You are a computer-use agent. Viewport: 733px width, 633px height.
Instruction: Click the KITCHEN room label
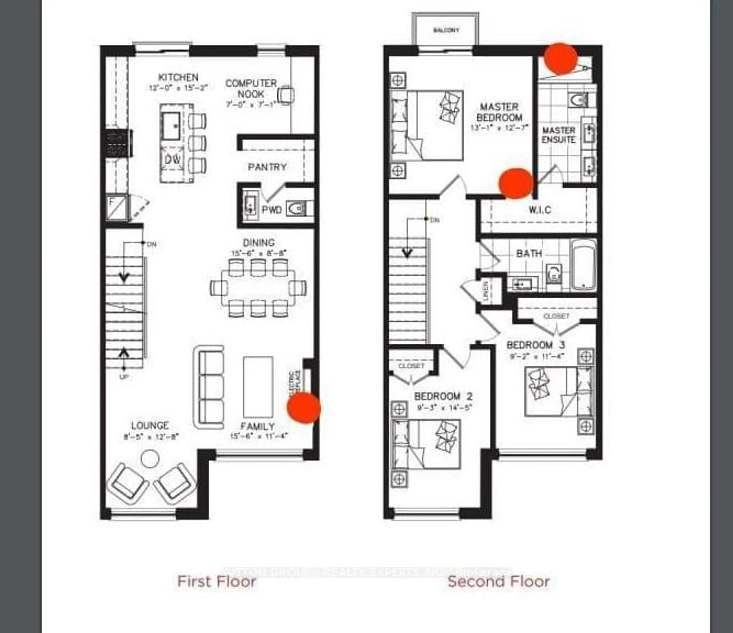point(178,77)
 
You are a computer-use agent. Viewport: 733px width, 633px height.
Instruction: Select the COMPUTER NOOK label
point(251,88)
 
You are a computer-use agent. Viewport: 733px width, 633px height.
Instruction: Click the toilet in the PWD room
point(296,209)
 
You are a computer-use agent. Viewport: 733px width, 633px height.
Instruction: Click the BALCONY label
point(446,30)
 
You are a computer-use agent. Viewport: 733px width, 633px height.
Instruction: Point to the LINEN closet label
point(486,291)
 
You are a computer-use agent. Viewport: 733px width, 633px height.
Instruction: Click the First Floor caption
point(216,581)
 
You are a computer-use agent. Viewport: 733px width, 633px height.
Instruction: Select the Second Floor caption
point(498,581)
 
